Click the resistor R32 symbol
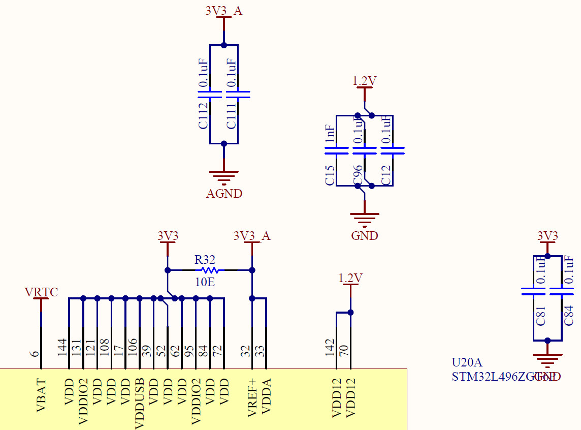pyautogui.click(x=209, y=270)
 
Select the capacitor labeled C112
pyautogui.click(x=210, y=95)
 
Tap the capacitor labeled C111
pyautogui.click(x=238, y=95)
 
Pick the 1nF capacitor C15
pyautogui.click(x=336, y=150)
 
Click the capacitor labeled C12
pyautogui.click(x=393, y=150)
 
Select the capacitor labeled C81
pyautogui.click(x=533, y=292)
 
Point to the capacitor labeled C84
pyautogui.click(x=561, y=292)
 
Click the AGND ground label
pyautogui.click(x=224, y=194)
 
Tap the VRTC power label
pyautogui.click(x=41, y=292)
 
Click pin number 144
pyautogui.click(x=62, y=347)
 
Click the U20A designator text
pyautogui.click(x=466, y=362)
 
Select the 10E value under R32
pyautogui.click(x=205, y=282)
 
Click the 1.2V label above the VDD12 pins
pyautogui.click(x=350, y=278)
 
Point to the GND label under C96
pyautogui.click(x=365, y=236)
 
